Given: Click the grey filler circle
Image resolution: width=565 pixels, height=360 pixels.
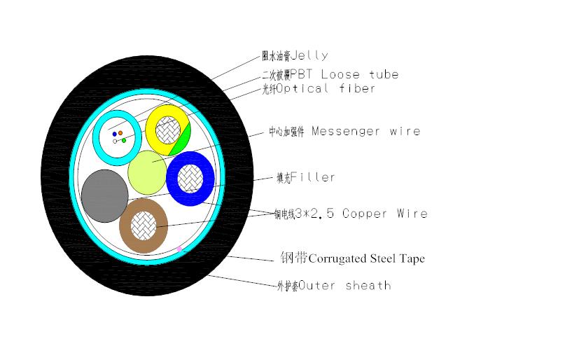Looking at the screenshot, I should tap(105, 195).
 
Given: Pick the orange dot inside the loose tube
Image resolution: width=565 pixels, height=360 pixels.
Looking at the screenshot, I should tap(120, 132).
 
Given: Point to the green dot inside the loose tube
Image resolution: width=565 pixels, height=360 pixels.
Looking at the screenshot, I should tap(124, 140).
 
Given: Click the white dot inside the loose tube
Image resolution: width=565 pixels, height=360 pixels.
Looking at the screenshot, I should tap(115, 141).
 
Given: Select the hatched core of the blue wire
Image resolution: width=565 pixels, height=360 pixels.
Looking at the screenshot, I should tap(190, 178).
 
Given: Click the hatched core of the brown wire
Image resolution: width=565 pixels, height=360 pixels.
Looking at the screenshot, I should tap(144, 224).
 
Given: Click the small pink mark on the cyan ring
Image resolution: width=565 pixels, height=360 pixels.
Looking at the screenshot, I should tap(179, 249).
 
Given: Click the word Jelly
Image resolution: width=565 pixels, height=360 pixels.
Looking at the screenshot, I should tap(308, 55).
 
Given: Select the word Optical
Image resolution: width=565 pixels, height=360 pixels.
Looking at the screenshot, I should tap(302, 89).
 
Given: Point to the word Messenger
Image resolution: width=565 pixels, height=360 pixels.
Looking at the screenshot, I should tap(344, 131).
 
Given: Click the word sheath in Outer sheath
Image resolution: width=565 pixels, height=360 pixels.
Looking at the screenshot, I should tap(368, 285).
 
